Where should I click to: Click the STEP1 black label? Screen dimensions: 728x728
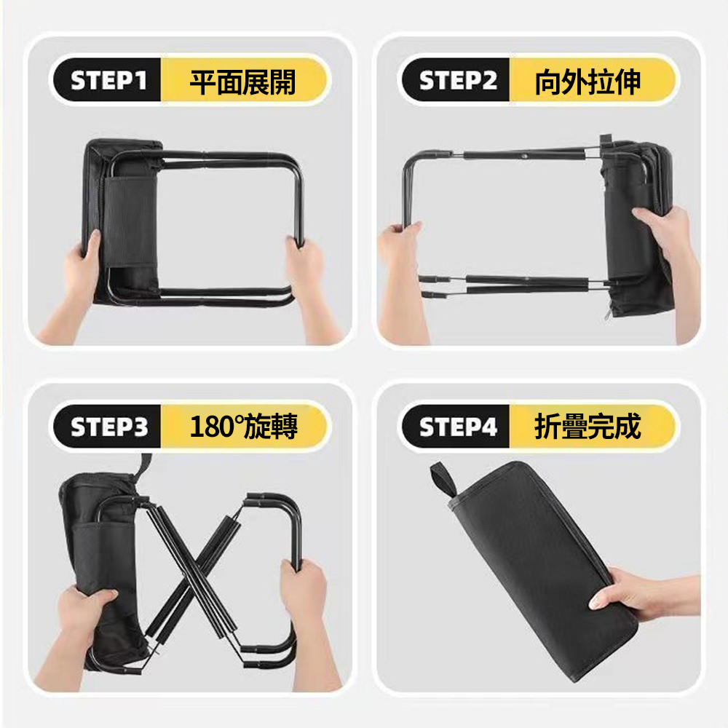(x=108, y=80)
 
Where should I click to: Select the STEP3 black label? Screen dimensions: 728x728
(x=108, y=426)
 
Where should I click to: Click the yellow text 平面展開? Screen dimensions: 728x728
(x=242, y=82)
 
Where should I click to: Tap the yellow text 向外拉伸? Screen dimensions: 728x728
(x=587, y=82)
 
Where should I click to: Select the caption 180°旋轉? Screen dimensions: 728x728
(x=243, y=426)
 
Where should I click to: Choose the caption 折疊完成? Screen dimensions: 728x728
(x=587, y=426)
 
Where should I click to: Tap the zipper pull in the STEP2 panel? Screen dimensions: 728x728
(x=608, y=316)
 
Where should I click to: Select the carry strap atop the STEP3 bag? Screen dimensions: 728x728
(x=144, y=467)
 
